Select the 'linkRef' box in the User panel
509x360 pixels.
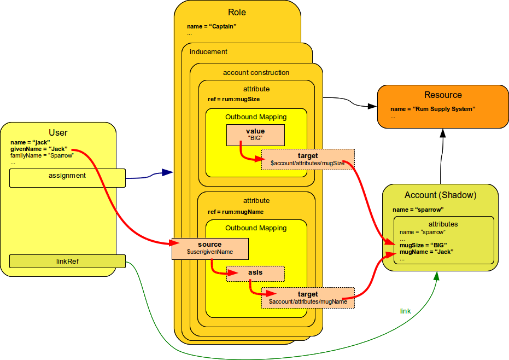[x=67, y=261]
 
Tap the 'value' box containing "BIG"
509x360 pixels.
[x=255, y=135]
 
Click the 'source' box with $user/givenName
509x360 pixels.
[x=210, y=248]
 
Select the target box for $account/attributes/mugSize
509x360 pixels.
[x=308, y=159]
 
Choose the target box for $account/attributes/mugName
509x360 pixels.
[x=308, y=298]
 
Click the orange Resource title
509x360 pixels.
[x=443, y=95]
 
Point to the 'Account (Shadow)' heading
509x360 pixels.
[x=440, y=195]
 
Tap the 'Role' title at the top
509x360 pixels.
[x=237, y=12]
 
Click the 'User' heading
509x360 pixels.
[x=58, y=132]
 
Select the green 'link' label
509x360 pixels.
[x=405, y=311]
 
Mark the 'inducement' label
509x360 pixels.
[x=208, y=52]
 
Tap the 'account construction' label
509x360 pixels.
[x=256, y=73]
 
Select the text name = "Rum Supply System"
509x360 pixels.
[x=433, y=109]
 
